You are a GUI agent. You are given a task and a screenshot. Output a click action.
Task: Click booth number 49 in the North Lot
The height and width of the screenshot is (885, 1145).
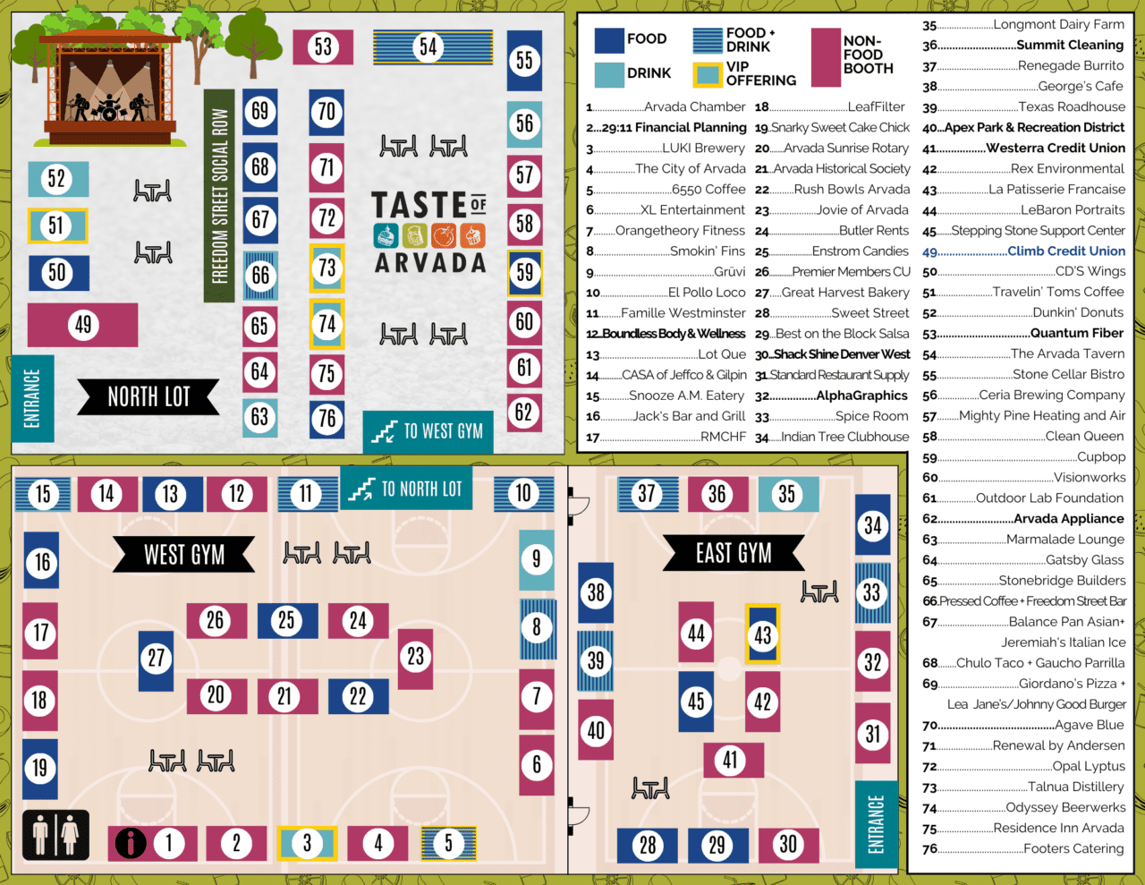click(x=82, y=325)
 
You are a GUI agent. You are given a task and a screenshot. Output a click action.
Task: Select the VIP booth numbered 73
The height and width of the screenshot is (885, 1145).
click(x=327, y=268)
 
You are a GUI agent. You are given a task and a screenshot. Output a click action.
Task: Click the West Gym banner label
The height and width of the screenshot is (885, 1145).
click(x=183, y=555)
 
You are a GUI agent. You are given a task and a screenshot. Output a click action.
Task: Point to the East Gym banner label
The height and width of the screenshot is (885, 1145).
click(x=734, y=554)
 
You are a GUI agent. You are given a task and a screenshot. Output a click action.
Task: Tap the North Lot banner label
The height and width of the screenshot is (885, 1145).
click(x=148, y=396)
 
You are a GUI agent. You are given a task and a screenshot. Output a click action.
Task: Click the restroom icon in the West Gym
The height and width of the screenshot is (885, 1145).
click(x=55, y=835)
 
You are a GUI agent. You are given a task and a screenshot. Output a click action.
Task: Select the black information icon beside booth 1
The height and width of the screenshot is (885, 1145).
click(x=131, y=843)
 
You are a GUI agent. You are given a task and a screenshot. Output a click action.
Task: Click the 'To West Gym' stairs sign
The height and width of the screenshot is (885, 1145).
click(x=428, y=432)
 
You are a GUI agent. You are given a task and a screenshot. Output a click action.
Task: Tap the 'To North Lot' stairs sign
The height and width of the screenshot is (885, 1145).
click(x=405, y=489)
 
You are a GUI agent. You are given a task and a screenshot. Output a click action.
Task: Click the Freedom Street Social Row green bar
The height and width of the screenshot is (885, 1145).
click(x=219, y=195)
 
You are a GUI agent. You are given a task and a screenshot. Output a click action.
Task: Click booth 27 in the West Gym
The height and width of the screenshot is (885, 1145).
click(x=157, y=660)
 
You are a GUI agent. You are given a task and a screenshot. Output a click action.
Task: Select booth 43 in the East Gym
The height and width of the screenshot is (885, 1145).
click(x=762, y=634)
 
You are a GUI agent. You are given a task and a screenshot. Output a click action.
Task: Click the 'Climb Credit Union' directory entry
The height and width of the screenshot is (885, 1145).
click(x=1065, y=251)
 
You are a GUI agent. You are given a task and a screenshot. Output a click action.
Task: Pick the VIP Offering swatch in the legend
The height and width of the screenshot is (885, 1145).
click(x=708, y=74)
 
